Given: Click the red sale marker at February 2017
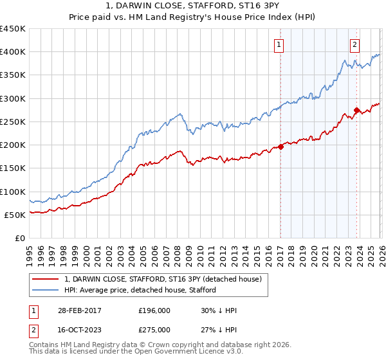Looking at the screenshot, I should pyautogui.click(x=281, y=147).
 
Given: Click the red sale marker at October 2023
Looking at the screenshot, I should pyautogui.click(x=356, y=110).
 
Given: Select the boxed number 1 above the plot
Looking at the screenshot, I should pyautogui.click(x=279, y=45).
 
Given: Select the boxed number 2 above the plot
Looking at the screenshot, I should pyautogui.click(x=354, y=45).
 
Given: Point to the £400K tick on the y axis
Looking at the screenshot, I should pyautogui.click(x=12, y=52).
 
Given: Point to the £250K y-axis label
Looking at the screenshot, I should pyautogui.click(x=12, y=122).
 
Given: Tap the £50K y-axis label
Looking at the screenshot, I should pyautogui.click(x=15, y=215).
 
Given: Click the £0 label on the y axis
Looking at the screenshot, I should pyautogui.click(x=21, y=238).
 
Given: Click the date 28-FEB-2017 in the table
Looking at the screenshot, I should pyautogui.click(x=78, y=310).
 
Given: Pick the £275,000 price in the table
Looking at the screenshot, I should pyautogui.click(x=154, y=330).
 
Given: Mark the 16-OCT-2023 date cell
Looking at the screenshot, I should pyautogui.click(x=78, y=330).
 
